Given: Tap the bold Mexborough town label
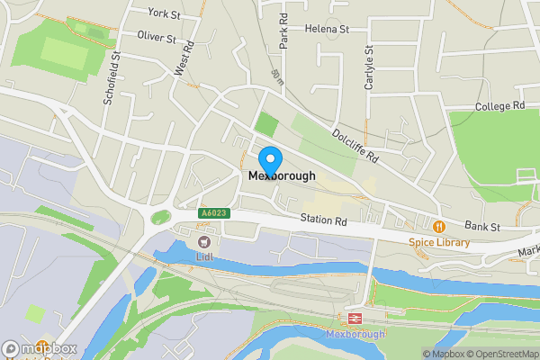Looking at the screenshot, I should click(282, 176).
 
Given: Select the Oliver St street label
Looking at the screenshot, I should click(156, 36).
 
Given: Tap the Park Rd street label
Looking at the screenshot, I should click(283, 31).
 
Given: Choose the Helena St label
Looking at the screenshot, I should click(327, 29).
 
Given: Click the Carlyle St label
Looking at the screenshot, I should click(369, 68).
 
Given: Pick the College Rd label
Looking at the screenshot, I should click(499, 106).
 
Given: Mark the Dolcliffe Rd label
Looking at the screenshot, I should click(356, 144).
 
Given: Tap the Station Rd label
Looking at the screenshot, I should click(323, 220).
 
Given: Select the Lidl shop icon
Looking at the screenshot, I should click(203, 240).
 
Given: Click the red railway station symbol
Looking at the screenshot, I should click(355, 319).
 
